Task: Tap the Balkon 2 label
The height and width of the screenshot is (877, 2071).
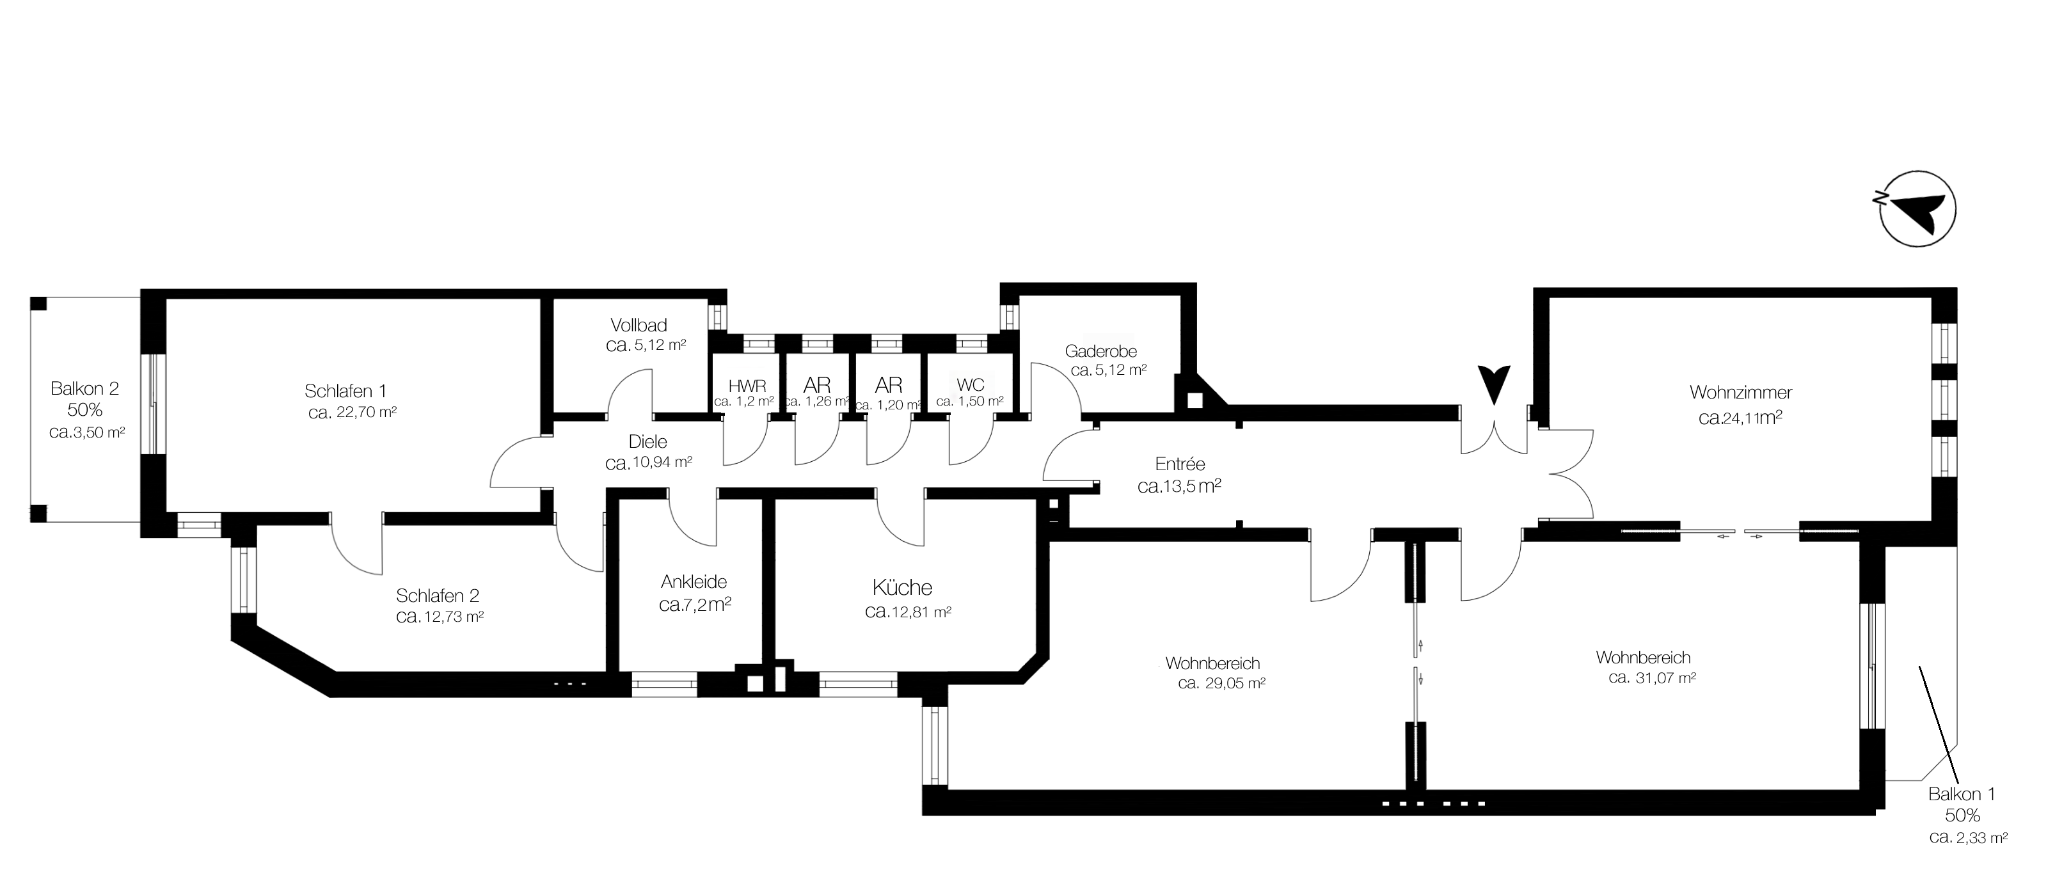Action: pyautogui.click(x=84, y=389)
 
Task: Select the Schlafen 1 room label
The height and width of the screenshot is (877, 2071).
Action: pyautogui.click(x=345, y=391)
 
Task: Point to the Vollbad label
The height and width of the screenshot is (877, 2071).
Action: pyautogui.click(x=639, y=326)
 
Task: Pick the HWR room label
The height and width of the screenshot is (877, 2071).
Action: pyautogui.click(x=747, y=386)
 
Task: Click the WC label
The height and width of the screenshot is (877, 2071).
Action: pyautogui.click(x=971, y=385)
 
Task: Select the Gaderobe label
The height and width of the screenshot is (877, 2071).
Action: pyautogui.click(x=1100, y=351)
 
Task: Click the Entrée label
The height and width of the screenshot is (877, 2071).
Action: pyautogui.click(x=1179, y=464)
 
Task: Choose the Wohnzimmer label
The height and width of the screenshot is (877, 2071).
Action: pyautogui.click(x=1741, y=393)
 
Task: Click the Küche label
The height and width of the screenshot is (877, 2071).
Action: pyautogui.click(x=902, y=588)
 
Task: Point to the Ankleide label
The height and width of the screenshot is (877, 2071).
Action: pyautogui.click(x=694, y=582)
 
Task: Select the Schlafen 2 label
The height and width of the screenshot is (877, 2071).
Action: pyautogui.click(x=438, y=596)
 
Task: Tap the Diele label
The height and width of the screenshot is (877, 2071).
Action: pyautogui.click(x=647, y=442)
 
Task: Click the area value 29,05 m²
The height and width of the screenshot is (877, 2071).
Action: pyautogui.click(x=1222, y=684)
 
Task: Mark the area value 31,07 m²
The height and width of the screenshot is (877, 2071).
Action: pyautogui.click(x=1652, y=677)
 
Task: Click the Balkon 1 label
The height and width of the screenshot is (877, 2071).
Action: pyautogui.click(x=1962, y=794)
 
